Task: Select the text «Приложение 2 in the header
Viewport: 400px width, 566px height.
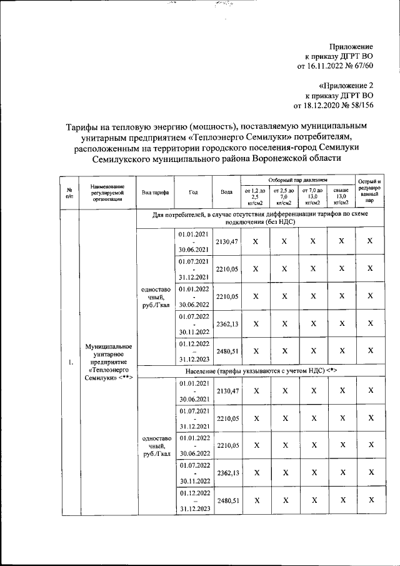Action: pyautogui.click(x=345, y=85)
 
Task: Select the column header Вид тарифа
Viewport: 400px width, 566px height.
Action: pyautogui.click(x=155, y=193)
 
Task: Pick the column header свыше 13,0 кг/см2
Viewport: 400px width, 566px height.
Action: pyautogui.click(x=341, y=196)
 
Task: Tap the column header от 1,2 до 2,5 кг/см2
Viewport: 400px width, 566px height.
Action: pyautogui.click(x=255, y=196)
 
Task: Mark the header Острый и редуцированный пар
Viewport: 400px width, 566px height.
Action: pyautogui.click(x=370, y=192)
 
